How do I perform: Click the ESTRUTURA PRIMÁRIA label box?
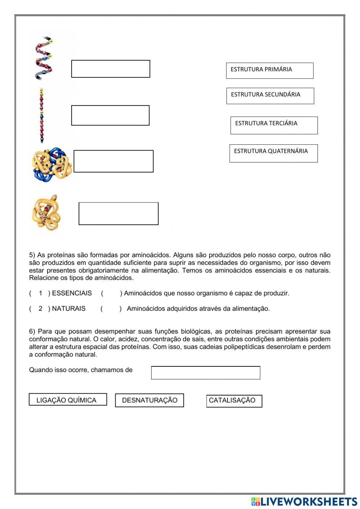(270, 71)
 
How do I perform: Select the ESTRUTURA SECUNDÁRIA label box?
(270, 96)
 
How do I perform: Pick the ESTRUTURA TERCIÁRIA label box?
(274, 125)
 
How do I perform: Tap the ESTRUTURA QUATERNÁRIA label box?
(274, 153)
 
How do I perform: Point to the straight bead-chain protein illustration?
(42, 115)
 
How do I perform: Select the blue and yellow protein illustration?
(51, 164)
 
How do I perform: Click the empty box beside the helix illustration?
(111, 69)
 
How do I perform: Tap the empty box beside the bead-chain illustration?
(110, 115)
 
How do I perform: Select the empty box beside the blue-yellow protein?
(113, 161)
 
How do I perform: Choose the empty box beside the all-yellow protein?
(118, 214)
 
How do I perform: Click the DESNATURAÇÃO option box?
(149, 400)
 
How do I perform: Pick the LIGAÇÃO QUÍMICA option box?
(68, 399)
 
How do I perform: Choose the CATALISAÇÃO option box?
(234, 401)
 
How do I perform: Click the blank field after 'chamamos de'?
(206, 373)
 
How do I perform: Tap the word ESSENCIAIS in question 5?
(72, 293)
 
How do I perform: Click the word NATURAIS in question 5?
(69, 309)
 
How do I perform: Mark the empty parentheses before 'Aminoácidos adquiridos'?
(111, 309)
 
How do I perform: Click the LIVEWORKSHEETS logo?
(304, 501)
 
